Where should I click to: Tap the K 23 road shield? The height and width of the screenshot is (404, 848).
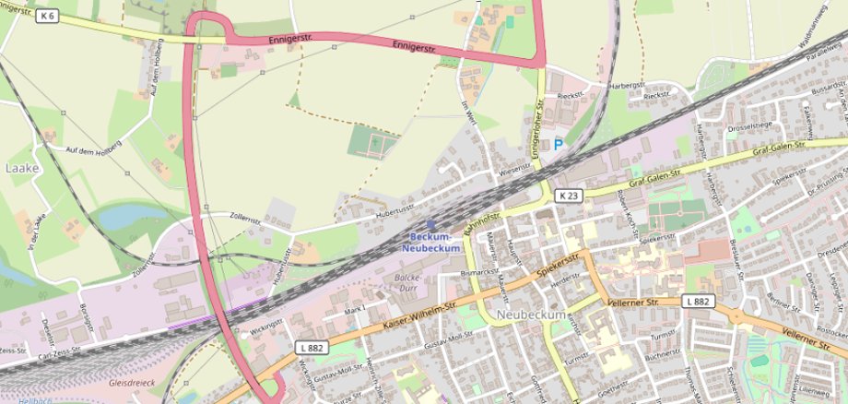coord(568,196)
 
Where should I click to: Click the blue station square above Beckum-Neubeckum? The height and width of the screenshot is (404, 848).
coord(430,223)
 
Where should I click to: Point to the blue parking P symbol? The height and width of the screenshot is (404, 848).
coord(558,144)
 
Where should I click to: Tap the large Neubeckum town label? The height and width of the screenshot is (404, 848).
coord(530,315)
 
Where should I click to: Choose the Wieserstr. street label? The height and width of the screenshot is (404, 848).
coord(515,172)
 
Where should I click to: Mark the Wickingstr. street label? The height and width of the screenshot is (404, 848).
coord(263,327)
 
